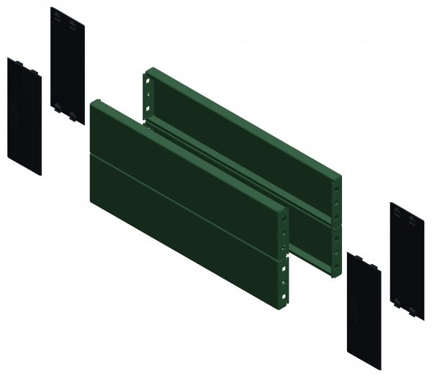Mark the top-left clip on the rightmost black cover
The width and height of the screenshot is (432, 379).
[x=394, y=209]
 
